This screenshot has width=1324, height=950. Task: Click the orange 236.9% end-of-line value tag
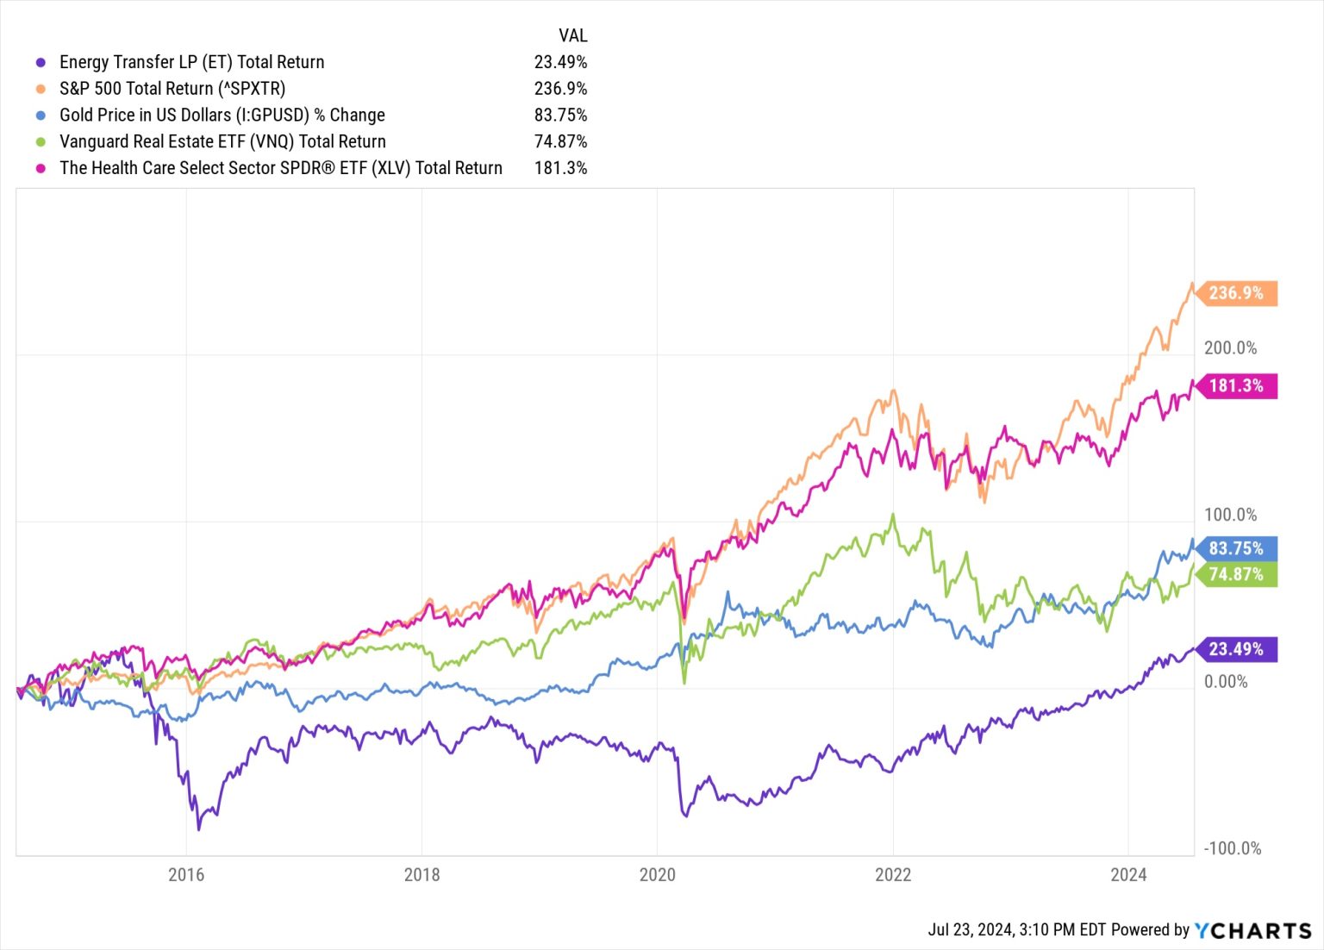pyautogui.click(x=1236, y=293)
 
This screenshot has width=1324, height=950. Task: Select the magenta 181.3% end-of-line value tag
pyautogui.click(x=1236, y=385)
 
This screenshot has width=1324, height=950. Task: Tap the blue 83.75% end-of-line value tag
pyautogui.click(x=1236, y=548)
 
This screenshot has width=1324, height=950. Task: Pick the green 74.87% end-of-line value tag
pyautogui.click(x=1236, y=574)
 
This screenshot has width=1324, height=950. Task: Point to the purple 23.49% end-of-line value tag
pyautogui.click(x=1236, y=649)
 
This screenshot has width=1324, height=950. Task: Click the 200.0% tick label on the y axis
pyautogui.click(x=1230, y=348)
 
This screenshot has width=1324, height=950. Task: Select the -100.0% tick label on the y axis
pyautogui.click(x=1233, y=848)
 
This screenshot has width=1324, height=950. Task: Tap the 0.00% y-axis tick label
pyautogui.click(x=1226, y=682)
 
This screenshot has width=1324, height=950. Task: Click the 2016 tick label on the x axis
pyautogui.click(x=186, y=875)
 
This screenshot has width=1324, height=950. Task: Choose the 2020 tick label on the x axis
pyautogui.click(x=657, y=875)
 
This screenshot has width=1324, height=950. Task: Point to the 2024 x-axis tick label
pyautogui.click(x=1128, y=875)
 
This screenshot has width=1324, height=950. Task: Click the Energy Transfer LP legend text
pyautogui.click(x=191, y=62)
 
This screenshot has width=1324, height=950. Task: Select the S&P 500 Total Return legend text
pyautogui.click(x=172, y=89)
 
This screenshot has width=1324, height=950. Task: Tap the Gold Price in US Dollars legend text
pyautogui.click(x=222, y=116)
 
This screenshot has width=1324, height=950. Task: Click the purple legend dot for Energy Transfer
pyautogui.click(x=40, y=62)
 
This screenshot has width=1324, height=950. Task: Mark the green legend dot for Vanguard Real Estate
pyautogui.click(x=40, y=142)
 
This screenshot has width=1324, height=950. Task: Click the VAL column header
pyautogui.click(x=572, y=35)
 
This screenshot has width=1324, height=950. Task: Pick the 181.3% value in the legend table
pyautogui.click(x=560, y=168)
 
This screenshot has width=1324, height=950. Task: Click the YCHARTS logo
pyautogui.click(x=1252, y=930)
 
